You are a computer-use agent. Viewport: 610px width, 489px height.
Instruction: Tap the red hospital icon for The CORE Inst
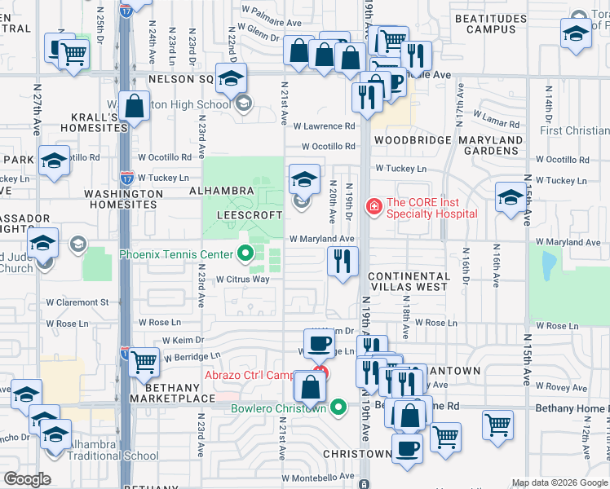click(x=374, y=207)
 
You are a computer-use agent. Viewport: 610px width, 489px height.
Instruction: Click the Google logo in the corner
click(x=27, y=479)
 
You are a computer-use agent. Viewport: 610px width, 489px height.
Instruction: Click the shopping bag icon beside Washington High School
click(x=136, y=106)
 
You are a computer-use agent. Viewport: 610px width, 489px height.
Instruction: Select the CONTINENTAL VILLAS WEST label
click(x=409, y=282)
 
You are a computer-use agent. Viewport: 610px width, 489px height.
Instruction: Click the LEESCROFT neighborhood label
click(x=249, y=215)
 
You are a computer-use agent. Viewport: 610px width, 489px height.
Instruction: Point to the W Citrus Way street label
click(x=242, y=280)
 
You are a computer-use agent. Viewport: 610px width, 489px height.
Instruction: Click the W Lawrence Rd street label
click(x=325, y=126)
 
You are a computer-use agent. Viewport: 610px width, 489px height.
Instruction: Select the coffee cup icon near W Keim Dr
click(x=319, y=342)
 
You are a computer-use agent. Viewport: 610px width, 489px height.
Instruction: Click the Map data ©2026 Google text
click(x=559, y=482)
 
